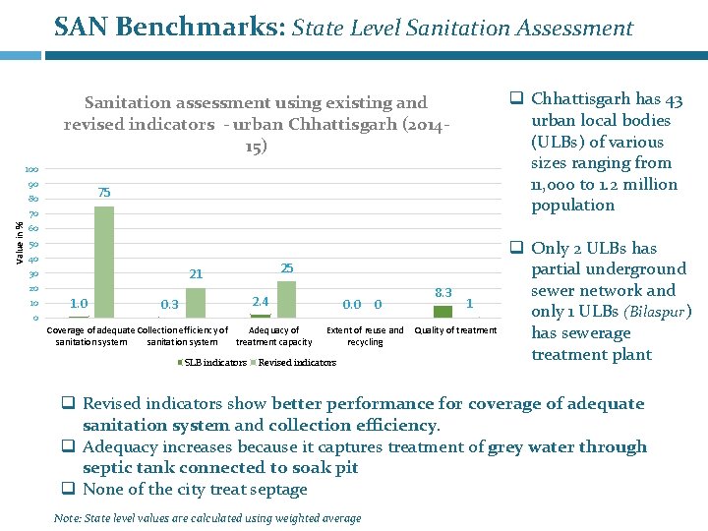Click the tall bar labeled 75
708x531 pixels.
click(104, 261)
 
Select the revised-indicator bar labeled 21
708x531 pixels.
click(196, 302)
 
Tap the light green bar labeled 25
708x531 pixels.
click(286, 299)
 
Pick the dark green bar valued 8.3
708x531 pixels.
click(442, 311)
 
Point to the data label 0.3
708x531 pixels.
click(169, 305)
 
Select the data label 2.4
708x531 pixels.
click(260, 301)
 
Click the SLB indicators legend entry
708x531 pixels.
click(211, 363)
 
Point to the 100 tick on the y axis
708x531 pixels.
click(32, 170)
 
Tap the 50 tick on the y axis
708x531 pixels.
click(33, 244)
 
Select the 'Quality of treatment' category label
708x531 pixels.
click(455, 330)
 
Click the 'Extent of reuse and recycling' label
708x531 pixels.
click(365, 336)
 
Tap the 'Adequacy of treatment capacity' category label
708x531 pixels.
click(274, 336)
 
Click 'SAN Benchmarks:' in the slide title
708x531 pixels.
click(169, 28)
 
